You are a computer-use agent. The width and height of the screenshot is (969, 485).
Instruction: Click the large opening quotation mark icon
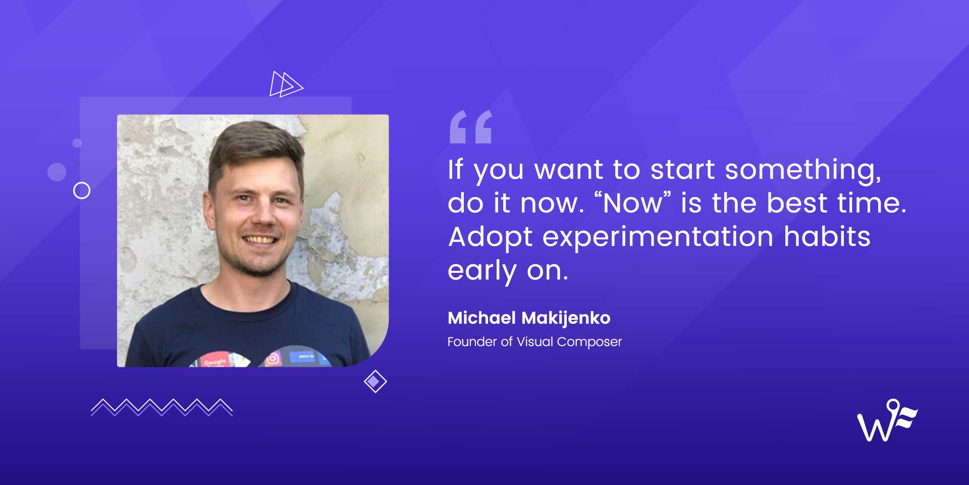(470, 127)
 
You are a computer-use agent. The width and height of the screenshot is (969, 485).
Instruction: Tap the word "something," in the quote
(803, 170)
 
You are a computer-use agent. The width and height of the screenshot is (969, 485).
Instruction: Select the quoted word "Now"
(633, 203)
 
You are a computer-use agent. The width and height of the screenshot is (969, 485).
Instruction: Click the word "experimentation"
(658, 237)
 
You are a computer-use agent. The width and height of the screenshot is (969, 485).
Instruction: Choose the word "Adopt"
(490, 237)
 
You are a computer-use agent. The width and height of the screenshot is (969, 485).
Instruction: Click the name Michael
(481, 318)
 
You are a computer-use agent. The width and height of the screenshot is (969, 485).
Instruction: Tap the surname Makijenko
(566, 318)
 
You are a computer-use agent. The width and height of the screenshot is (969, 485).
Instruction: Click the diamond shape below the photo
(375, 381)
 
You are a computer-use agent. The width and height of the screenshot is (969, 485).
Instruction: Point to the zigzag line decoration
(161, 407)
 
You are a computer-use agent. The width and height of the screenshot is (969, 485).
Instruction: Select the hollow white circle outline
(82, 190)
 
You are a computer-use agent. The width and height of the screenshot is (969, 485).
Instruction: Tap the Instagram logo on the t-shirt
(273, 358)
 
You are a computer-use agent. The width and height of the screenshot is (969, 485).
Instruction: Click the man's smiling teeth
(260, 239)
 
